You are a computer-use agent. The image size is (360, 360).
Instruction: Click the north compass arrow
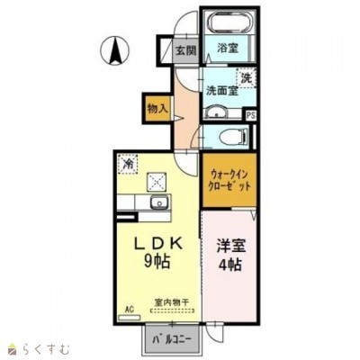116,49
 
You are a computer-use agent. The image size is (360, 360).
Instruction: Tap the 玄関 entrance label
184,51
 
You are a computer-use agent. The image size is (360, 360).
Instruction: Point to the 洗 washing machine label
244,77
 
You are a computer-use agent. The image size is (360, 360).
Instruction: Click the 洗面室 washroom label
220,90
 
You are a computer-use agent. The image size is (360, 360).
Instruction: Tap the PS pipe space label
250,114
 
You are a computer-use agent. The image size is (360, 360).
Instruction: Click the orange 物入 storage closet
157,107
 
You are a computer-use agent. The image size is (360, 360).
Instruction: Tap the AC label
129,309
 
